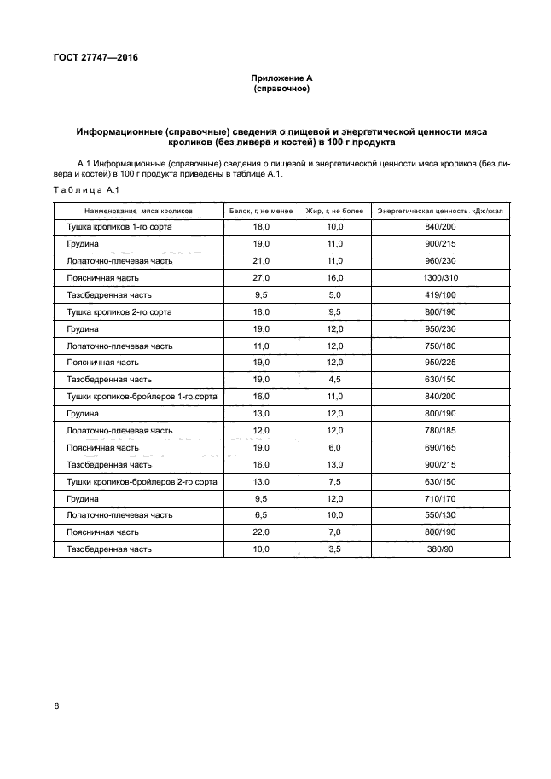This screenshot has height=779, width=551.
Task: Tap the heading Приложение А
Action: click(x=281, y=78)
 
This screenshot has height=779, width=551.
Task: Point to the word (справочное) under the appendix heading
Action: click(x=281, y=89)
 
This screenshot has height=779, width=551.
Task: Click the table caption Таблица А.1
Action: click(x=78, y=189)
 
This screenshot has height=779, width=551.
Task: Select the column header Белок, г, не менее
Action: click(x=261, y=209)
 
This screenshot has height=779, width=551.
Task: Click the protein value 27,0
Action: click(x=261, y=278)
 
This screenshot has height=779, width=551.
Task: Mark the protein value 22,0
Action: click(x=261, y=532)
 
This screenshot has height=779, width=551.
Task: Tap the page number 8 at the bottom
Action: click(x=56, y=706)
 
